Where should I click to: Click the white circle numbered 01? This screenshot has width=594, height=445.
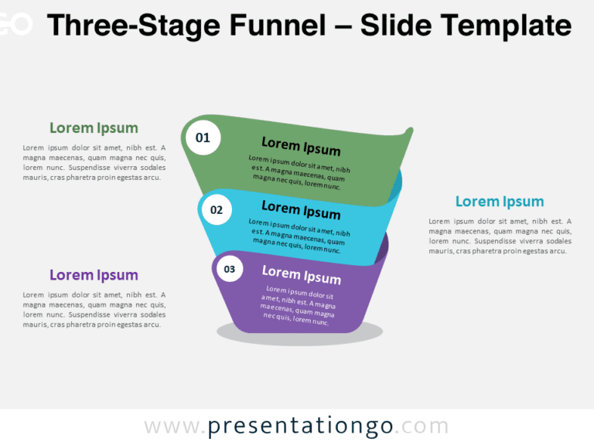(x=203, y=138)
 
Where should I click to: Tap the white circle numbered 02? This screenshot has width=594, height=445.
(x=217, y=209)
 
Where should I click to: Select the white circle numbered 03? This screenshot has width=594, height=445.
(x=229, y=269)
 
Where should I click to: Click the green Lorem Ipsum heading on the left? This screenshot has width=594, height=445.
(x=94, y=128)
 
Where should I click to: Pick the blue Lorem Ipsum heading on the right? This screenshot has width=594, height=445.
(x=500, y=202)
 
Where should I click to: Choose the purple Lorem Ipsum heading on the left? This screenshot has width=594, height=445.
(x=94, y=275)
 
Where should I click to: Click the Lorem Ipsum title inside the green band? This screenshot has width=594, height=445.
(x=301, y=146)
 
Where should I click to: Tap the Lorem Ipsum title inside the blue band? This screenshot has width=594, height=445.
(x=301, y=209)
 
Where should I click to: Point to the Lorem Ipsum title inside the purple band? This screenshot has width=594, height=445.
(x=301, y=274)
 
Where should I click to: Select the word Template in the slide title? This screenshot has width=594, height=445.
(x=504, y=25)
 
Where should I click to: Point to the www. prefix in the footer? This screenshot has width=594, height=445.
(x=175, y=426)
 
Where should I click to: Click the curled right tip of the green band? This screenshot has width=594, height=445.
(x=408, y=132)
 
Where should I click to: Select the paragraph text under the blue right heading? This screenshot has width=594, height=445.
(x=500, y=236)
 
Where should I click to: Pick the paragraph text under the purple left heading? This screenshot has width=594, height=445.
(x=94, y=309)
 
